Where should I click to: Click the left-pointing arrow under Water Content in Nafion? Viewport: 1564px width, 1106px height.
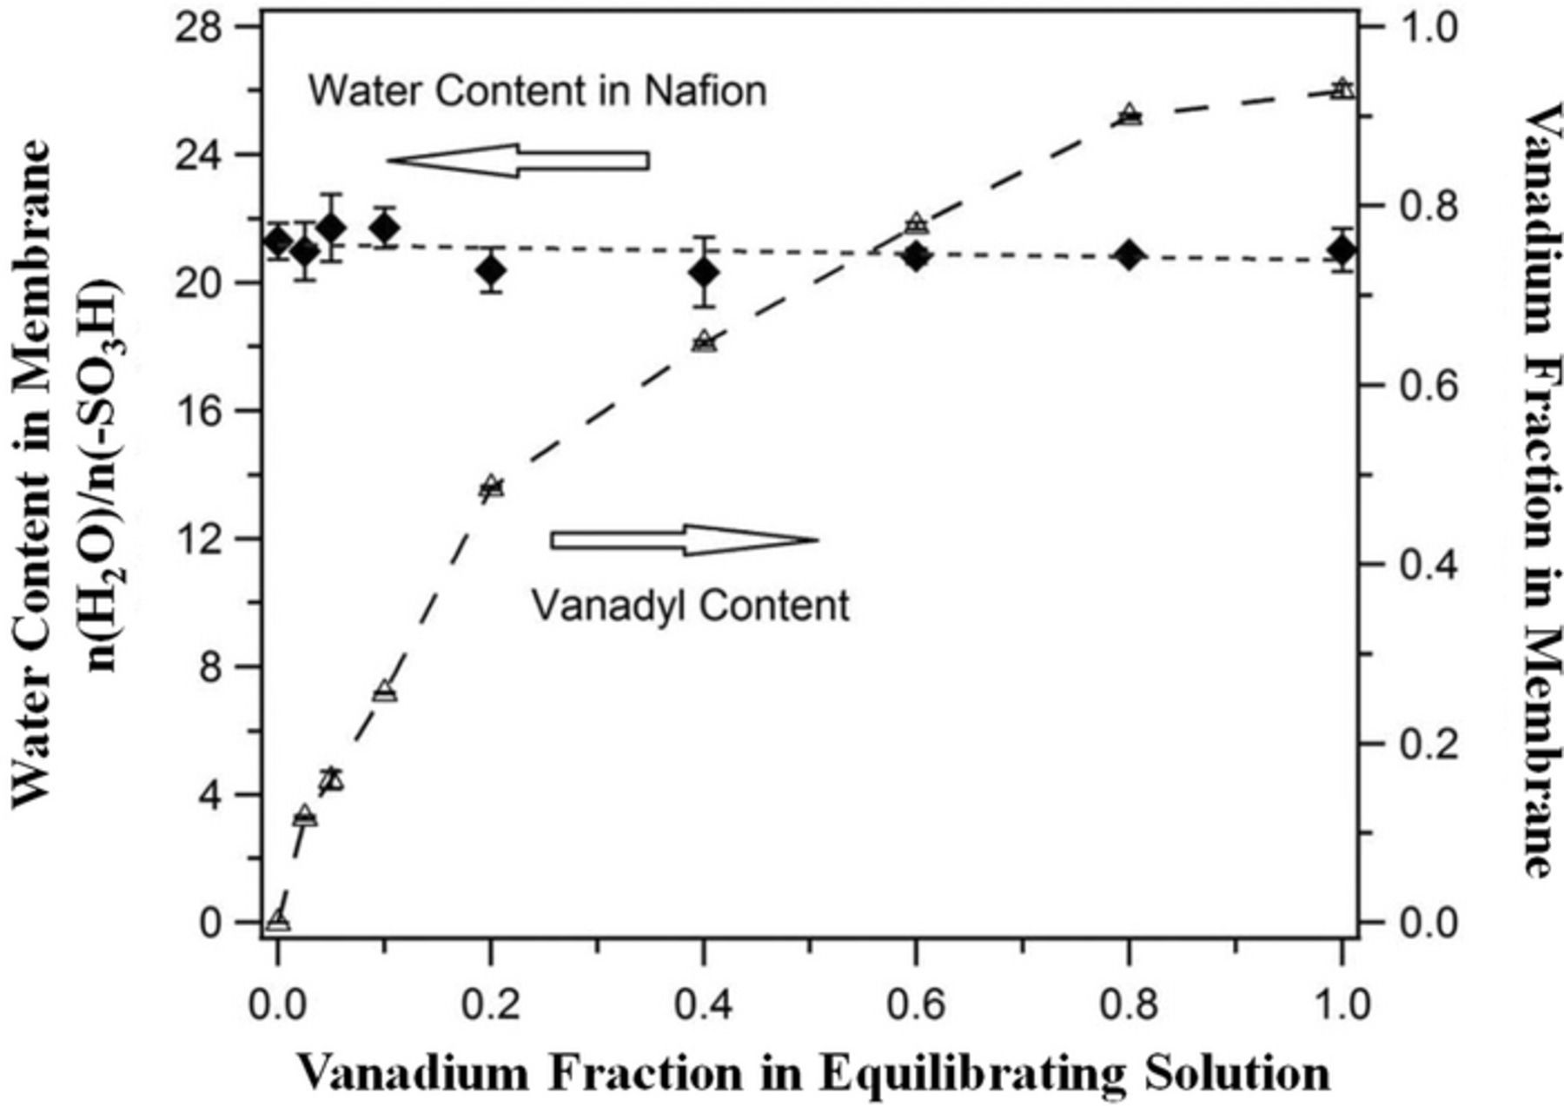[x=518, y=160]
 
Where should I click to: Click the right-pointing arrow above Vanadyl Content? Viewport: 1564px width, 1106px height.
[x=685, y=540]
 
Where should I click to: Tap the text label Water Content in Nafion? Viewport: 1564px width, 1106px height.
[x=538, y=91]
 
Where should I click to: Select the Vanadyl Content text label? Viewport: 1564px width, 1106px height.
[x=690, y=606]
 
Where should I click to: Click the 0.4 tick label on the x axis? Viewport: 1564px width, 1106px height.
[x=704, y=1005]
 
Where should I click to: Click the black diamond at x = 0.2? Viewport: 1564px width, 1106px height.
[x=491, y=271]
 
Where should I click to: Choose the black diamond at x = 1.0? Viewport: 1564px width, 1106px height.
[x=1342, y=251]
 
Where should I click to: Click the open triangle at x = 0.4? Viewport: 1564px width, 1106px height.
[x=704, y=341]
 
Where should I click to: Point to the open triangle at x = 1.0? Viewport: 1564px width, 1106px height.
[x=1342, y=89]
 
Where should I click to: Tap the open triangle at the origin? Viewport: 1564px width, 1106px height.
[x=278, y=920]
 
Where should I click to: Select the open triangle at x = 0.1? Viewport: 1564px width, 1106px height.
[x=385, y=692]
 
